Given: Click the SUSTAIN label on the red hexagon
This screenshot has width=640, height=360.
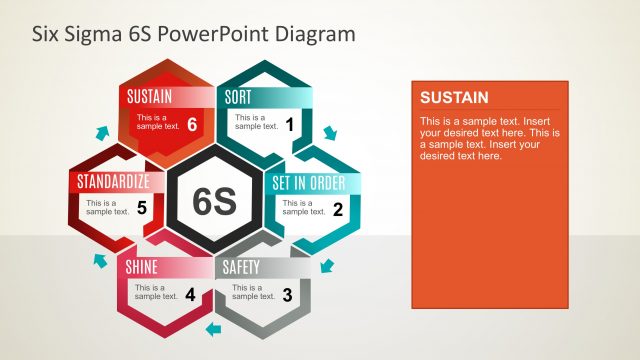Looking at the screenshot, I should pyautogui.click(x=150, y=97).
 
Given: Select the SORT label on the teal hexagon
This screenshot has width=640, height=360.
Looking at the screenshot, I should pyautogui.click(x=238, y=97).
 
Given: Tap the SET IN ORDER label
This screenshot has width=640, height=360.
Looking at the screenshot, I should pyautogui.click(x=309, y=183).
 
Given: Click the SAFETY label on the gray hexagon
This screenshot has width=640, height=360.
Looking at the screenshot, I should pyautogui.click(x=241, y=267).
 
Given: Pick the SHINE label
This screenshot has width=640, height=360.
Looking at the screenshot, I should pyautogui.click(x=141, y=267).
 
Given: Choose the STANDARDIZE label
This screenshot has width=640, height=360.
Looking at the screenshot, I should pyautogui.click(x=113, y=182).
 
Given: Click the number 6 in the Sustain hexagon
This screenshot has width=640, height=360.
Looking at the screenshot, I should pyautogui.click(x=192, y=124).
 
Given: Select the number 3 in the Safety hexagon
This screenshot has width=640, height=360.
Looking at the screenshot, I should pyautogui.click(x=287, y=294).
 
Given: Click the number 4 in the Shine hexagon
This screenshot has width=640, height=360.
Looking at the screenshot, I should pyautogui.click(x=190, y=294).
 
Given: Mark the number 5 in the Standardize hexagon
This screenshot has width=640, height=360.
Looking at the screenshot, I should pyautogui.click(x=142, y=209).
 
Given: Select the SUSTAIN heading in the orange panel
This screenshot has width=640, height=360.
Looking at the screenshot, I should pyautogui.click(x=454, y=97).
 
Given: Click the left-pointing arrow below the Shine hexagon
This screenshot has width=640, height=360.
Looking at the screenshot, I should pyautogui.click(x=212, y=328).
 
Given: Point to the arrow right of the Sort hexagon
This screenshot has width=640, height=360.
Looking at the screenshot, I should pyautogui.click(x=331, y=133).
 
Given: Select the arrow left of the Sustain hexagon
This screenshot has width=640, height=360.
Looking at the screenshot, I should pyautogui.click(x=101, y=132).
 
